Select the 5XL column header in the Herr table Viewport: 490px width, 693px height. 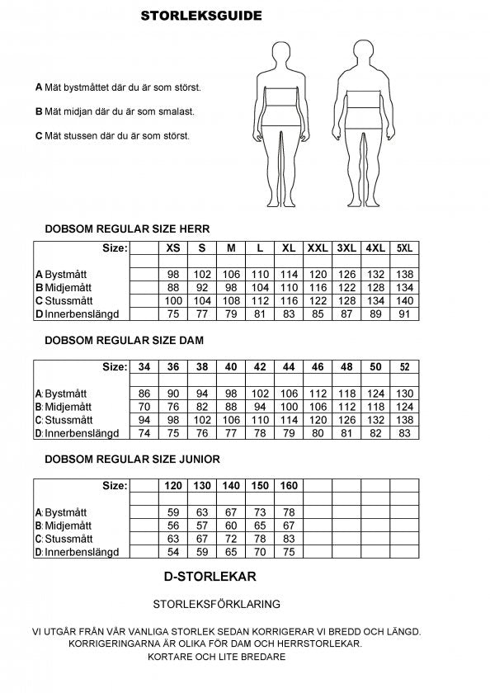(405, 247)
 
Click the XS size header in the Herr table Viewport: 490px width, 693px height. (173, 247)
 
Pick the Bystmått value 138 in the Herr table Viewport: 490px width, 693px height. (405, 274)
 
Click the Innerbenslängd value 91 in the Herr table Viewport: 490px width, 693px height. (405, 313)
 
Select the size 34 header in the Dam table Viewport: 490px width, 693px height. (144, 366)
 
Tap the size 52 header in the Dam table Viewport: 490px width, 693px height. (405, 366)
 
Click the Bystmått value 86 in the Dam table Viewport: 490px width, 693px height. (144, 394)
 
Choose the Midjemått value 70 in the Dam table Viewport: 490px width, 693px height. (144, 407)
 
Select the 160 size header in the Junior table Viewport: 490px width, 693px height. (289, 486)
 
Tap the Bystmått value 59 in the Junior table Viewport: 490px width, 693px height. (173, 512)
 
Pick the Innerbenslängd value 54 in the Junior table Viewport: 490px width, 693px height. (173, 552)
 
